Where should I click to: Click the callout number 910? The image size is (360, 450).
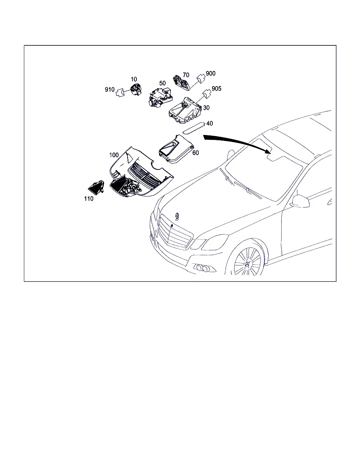110,90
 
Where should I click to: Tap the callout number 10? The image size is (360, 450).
134,79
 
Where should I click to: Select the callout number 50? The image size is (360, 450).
162,83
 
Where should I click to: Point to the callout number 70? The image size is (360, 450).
186,75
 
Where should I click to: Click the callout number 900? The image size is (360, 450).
211,73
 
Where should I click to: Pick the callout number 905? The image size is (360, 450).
217,89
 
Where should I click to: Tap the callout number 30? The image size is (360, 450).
206,108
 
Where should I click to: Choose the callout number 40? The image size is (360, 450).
210,123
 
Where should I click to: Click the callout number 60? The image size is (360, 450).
195,153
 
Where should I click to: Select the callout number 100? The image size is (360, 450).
114,155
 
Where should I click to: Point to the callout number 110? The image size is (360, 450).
89,199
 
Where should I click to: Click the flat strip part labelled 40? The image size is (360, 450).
193,128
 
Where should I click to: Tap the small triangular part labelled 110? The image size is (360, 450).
96,188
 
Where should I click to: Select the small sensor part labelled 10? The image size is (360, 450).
136,90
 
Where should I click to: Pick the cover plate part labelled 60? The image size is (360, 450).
176,149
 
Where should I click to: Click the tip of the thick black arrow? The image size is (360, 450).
271,153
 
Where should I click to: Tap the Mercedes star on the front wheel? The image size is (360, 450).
247,264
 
